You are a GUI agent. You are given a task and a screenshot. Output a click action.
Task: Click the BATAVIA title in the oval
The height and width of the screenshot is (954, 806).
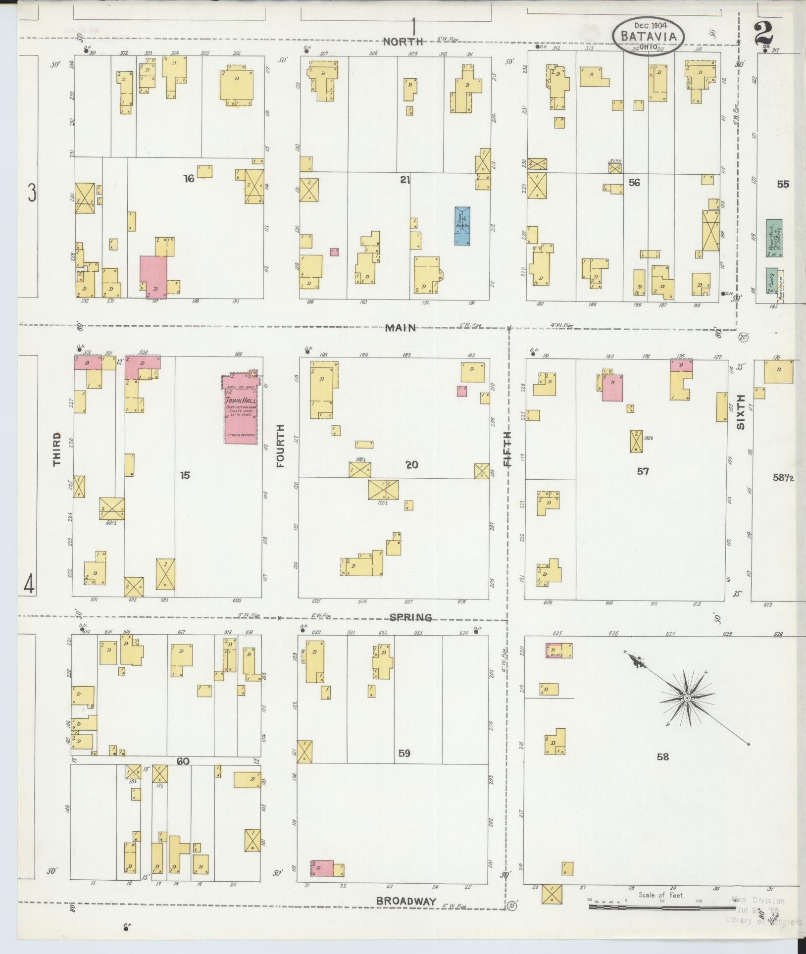(x=649, y=36)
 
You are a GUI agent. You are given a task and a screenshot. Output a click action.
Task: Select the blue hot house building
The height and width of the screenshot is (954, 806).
(x=462, y=226)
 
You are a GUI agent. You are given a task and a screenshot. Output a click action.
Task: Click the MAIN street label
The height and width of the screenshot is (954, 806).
(x=401, y=328)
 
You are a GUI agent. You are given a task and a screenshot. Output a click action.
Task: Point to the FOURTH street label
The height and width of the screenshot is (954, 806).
(x=281, y=446)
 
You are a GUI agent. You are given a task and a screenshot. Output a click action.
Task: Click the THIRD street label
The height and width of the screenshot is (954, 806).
(x=57, y=449)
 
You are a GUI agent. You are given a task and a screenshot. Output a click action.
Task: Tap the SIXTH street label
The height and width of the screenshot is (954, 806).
(x=741, y=411)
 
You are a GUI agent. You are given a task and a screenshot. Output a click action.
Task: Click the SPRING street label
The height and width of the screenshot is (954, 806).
(x=410, y=617)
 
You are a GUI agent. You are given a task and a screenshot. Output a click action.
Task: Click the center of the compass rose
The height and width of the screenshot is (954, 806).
(x=687, y=698)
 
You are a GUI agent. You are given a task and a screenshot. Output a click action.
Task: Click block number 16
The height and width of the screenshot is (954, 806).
(x=188, y=179)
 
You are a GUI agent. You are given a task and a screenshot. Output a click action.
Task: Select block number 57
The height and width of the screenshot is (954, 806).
(x=643, y=471)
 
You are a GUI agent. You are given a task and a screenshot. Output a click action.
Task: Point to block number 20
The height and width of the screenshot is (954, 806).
(x=412, y=464)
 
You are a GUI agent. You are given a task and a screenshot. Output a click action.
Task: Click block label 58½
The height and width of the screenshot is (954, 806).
(x=784, y=478)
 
